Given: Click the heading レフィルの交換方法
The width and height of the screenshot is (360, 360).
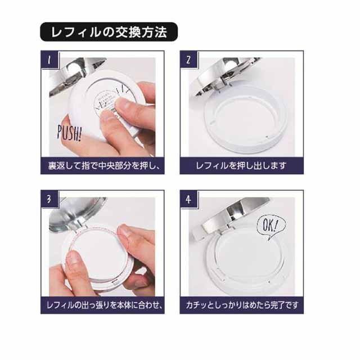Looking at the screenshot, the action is [x=109, y=32].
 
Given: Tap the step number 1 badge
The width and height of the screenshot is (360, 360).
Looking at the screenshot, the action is [x=50, y=60].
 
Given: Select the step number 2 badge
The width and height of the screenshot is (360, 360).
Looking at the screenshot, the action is [x=189, y=60].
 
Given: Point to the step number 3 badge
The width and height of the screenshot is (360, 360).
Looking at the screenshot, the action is [x=49, y=199].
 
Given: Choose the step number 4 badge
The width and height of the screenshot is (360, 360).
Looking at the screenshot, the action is [x=189, y=199].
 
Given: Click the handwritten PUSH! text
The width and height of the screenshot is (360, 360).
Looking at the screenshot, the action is [x=69, y=133].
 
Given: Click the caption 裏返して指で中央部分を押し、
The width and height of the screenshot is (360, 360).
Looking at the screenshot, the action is [x=103, y=166].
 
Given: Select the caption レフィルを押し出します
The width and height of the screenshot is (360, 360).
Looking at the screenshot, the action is [x=241, y=166].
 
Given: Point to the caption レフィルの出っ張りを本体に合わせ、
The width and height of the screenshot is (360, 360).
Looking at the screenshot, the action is [x=105, y=305].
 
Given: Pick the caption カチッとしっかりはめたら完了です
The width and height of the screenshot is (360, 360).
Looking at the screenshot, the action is [x=242, y=305].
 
